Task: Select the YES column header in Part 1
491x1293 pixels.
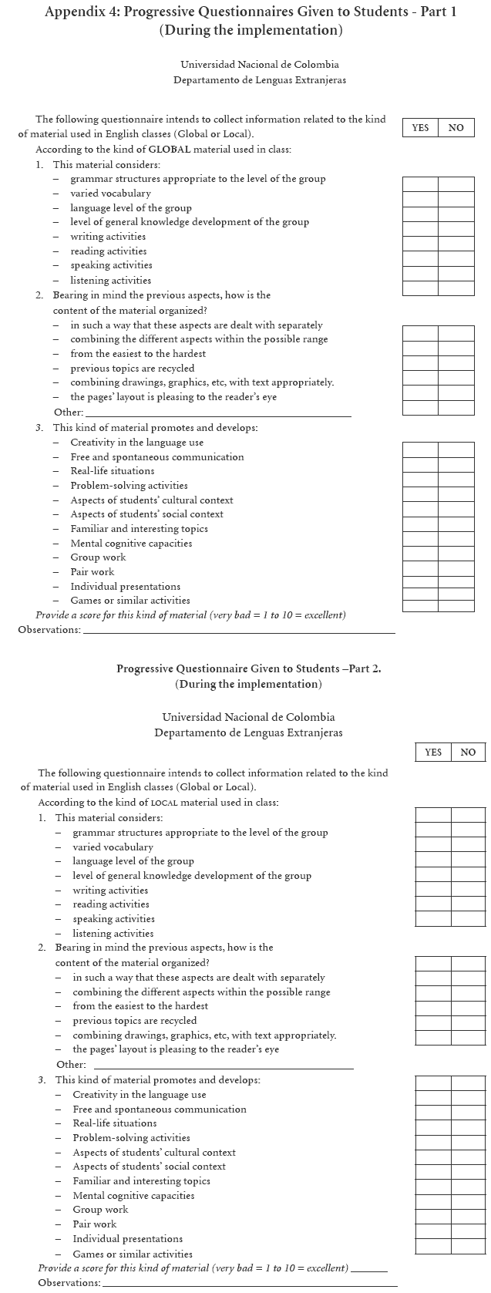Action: click(x=420, y=128)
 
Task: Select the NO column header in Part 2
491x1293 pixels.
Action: click(x=468, y=753)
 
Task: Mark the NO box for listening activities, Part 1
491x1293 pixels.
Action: click(x=456, y=288)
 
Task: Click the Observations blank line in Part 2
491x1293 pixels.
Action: click(x=250, y=1284)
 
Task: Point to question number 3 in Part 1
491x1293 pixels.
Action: click(x=39, y=428)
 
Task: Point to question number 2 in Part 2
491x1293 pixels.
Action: click(x=42, y=948)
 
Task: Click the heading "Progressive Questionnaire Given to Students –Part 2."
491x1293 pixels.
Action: click(x=248, y=669)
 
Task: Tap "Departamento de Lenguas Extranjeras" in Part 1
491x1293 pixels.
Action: click(x=259, y=80)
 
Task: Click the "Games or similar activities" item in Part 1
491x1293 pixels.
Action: click(x=129, y=601)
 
